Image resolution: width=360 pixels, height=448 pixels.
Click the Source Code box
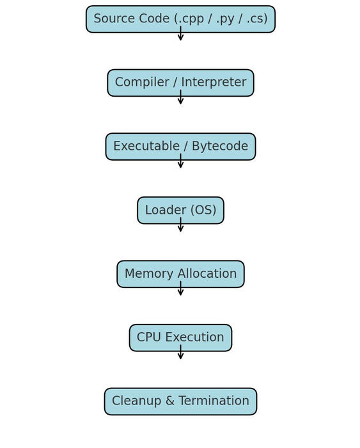(180, 19)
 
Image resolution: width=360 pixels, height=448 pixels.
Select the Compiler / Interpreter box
(180, 83)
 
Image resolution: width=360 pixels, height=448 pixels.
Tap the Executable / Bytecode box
(180, 147)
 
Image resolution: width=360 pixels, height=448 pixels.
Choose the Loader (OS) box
(180, 210)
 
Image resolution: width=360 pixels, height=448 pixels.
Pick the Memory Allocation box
(180, 274)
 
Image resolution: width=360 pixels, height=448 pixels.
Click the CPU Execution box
(180, 337)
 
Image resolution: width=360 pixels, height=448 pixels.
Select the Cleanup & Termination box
(180, 401)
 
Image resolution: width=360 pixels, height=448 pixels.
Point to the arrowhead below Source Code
(180, 38)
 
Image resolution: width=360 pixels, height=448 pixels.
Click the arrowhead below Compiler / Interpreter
(180, 101)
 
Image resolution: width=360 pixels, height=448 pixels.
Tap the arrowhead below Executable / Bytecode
(180, 165)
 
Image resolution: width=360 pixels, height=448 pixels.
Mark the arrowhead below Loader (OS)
(180, 228)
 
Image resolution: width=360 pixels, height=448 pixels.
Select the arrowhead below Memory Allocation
(180, 292)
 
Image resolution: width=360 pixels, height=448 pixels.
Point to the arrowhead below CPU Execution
(180, 356)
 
